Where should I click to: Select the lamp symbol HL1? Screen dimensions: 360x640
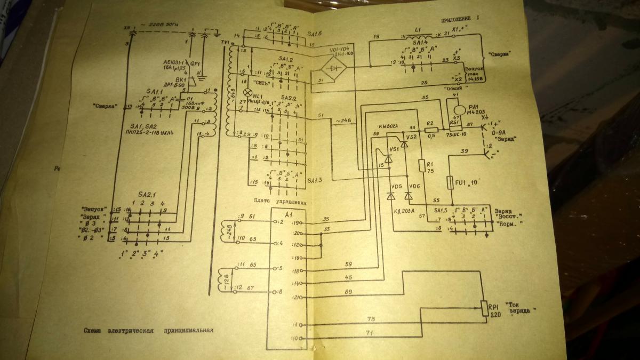coord(247,92)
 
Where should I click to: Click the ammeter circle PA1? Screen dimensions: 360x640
coord(460,108)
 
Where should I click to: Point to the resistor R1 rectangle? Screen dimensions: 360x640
coord(422,165)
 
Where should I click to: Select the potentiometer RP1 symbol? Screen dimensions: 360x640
coord(485,308)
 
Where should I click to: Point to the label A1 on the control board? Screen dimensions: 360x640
coord(289,214)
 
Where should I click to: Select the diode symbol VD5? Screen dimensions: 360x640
coord(390,196)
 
